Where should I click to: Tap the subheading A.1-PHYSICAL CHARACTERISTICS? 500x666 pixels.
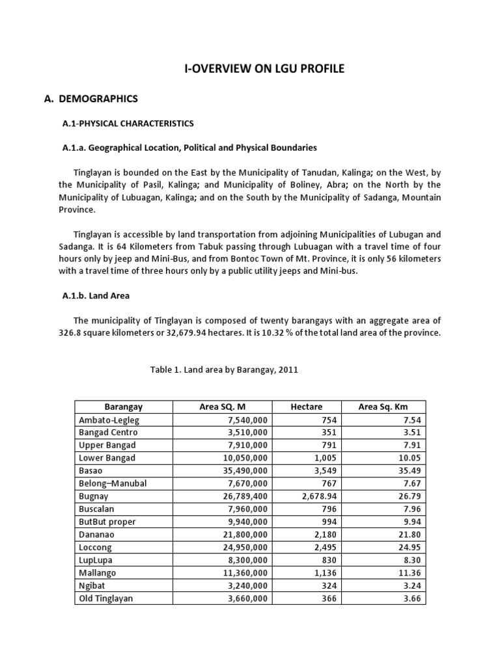(128, 123)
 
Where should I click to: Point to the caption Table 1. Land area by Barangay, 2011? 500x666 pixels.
(224, 369)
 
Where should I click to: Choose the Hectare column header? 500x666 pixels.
(307, 407)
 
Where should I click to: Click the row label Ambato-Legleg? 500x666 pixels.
(109, 420)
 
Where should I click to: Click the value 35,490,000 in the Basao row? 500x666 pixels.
(243, 471)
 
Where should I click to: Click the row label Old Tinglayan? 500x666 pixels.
(105, 598)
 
